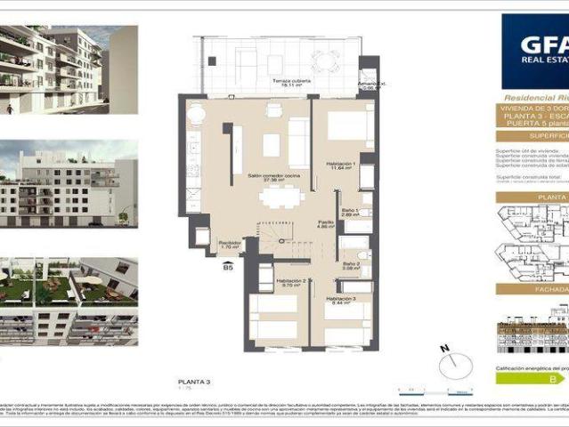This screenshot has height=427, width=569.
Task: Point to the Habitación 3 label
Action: (340, 299)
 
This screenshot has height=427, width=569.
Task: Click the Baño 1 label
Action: (350, 212)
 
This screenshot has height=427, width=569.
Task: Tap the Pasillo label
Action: (327, 224)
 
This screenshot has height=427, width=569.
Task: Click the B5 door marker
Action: (228, 266)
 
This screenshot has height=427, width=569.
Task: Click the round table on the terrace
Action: (325, 60)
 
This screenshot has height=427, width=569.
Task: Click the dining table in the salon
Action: (282, 192)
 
